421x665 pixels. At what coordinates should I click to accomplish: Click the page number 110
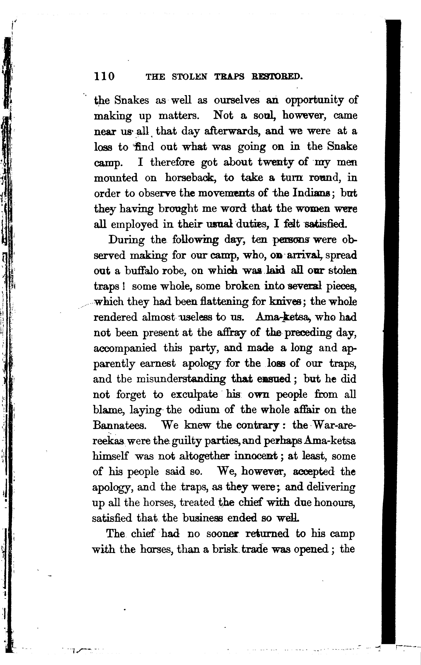pos(104,76)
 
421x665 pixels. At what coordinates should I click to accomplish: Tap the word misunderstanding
pos(181,379)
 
